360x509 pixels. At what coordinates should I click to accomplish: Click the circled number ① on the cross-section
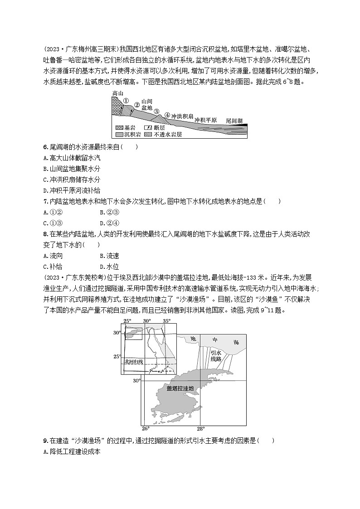(126, 100)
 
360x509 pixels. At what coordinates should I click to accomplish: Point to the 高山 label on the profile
(117, 93)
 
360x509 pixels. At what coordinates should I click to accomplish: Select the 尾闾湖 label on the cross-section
(234, 121)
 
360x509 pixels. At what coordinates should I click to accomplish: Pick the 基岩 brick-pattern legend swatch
(120, 128)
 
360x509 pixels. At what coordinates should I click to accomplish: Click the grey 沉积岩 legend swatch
(120, 135)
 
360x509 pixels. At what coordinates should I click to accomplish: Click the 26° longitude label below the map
(146, 428)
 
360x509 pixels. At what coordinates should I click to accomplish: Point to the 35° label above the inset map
(166, 321)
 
